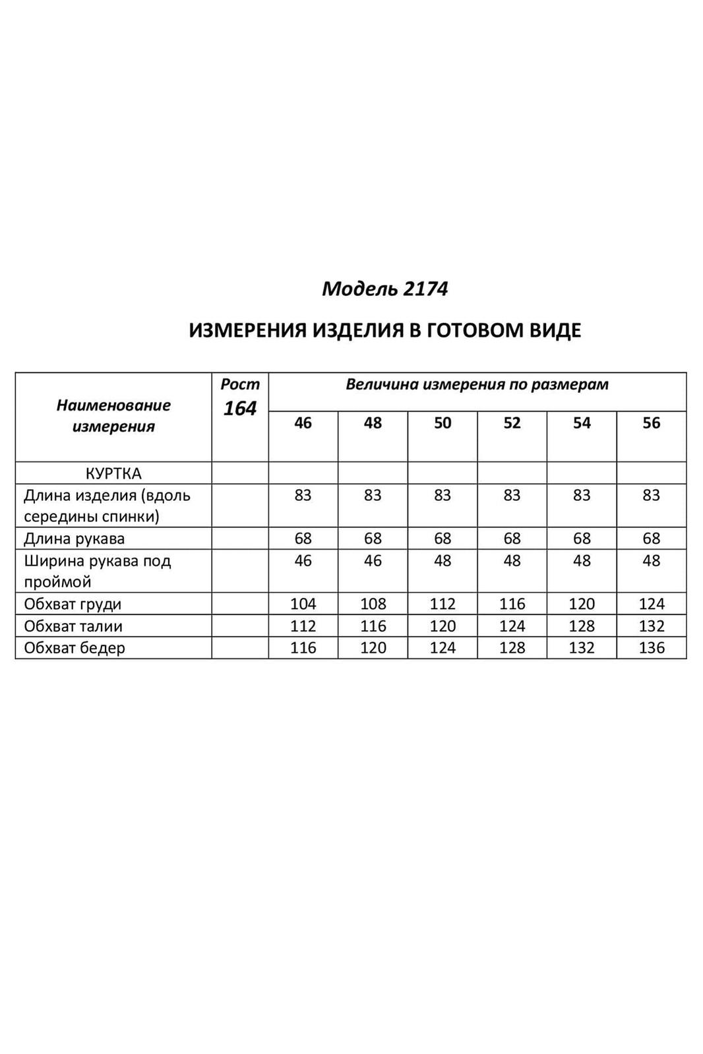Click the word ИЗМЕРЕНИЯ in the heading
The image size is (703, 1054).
247,330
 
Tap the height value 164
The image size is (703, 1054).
239,409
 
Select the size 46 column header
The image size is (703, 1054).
303,423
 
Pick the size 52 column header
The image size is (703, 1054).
512,423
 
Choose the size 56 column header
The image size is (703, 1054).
651,423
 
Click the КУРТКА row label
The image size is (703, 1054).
113,473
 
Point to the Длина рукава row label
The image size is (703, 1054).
74,539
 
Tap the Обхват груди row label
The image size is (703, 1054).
73,604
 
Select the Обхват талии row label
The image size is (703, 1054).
73,626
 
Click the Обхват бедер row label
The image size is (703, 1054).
75,648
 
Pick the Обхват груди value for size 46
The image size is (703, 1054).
303,604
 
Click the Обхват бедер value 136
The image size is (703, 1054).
651,648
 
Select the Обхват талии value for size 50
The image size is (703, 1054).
443,626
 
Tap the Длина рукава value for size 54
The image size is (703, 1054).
582,539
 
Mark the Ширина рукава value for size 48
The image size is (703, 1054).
373,561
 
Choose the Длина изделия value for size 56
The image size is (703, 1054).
651,495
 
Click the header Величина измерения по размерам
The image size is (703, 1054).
477,385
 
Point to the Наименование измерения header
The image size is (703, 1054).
113,416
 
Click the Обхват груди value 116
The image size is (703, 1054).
512,604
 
